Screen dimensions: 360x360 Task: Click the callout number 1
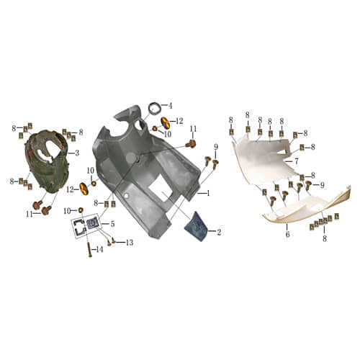click(208, 192)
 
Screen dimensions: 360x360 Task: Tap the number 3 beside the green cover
click(77, 153)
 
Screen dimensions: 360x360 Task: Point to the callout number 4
click(170, 106)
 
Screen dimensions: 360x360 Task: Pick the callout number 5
click(112, 224)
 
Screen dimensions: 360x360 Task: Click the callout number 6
click(287, 235)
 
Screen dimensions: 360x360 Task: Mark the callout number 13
click(130, 242)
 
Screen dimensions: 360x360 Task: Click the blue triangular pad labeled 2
click(197, 226)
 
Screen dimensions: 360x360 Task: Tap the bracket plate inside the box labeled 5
click(92, 228)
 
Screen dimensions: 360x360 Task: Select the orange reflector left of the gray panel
click(83, 189)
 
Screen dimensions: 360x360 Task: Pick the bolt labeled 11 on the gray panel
click(192, 143)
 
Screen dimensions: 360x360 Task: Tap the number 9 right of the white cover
click(322, 185)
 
